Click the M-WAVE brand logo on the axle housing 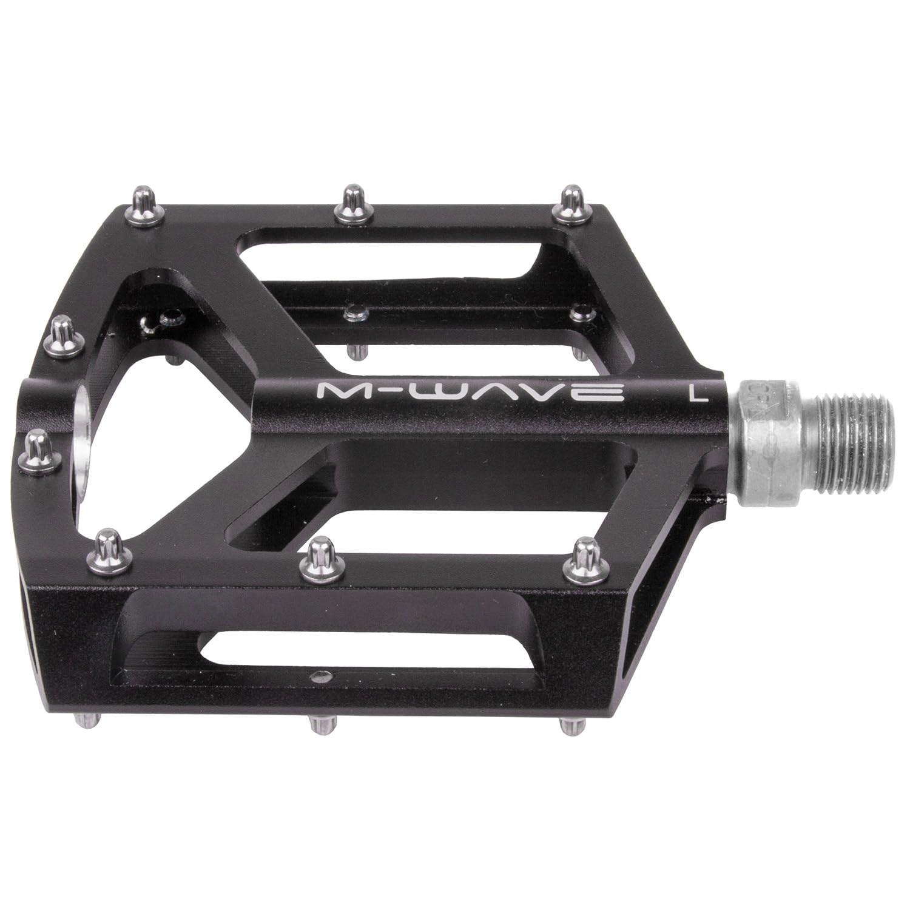471,393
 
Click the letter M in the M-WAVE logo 339,392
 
